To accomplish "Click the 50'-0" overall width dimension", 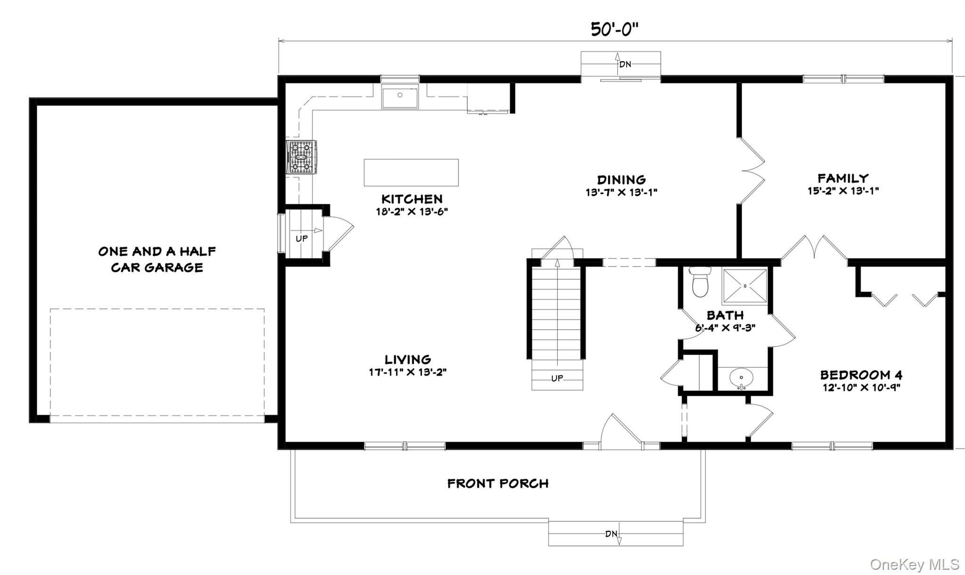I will click(x=614, y=29).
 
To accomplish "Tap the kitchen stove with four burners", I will click(x=302, y=157).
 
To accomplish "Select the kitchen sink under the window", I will click(x=400, y=97).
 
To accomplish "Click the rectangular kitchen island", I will click(x=411, y=172).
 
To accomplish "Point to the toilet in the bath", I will click(x=700, y=282).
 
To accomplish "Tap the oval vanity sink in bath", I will click(x=742, y=378).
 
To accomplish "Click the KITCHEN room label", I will click(x=412, y=199).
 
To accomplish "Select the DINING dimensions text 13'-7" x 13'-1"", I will click(x=621, y=192).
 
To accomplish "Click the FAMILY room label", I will click(x=843, y=178).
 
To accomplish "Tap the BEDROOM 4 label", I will click(x=861, y=375).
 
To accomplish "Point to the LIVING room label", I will click(x=408, y=359).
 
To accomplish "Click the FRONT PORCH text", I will click(x=498, y=484).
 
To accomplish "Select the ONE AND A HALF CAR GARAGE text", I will click(x=157, y=259).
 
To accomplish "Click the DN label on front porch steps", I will click(x=611, y=534).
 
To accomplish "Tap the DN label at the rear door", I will click(x=625, y=64).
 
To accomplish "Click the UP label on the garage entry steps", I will click(x=302, y=239).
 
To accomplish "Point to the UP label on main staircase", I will click(x=557, y=378).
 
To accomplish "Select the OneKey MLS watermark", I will click(x=914, y=564).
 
